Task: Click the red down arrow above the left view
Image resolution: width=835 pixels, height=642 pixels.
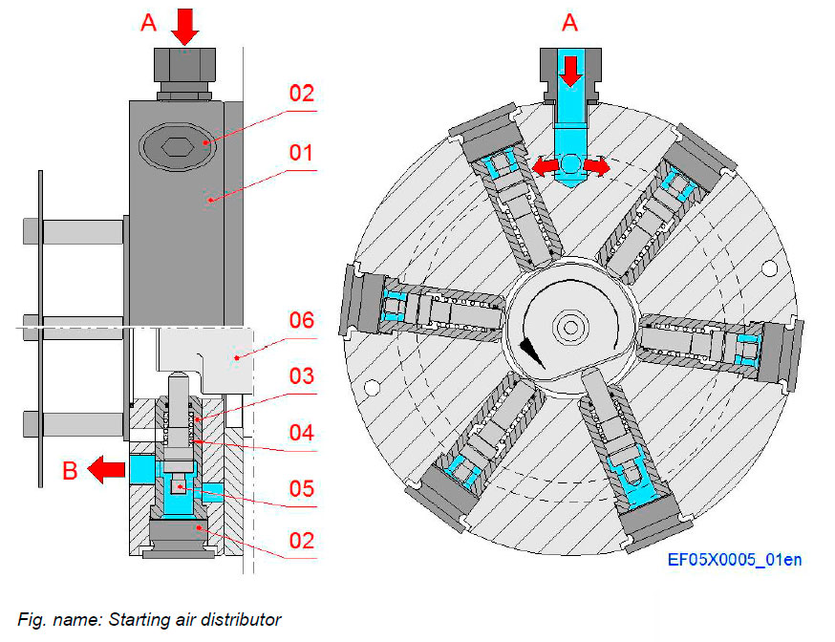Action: coord(185,26)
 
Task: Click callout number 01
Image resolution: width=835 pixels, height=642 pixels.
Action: coord(302,153)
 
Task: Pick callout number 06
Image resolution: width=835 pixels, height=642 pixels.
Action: coord(302,322)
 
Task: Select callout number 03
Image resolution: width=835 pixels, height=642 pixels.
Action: coord(302,376)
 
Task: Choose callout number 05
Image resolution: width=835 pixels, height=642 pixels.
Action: coord(302,487)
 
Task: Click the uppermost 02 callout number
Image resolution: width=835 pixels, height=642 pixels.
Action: coord(302,94)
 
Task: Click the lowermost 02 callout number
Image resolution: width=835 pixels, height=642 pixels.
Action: coord(302,541)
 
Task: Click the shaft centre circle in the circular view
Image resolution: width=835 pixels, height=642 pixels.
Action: coord(570,327)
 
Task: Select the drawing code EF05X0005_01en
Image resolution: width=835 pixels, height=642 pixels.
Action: coord(734,559)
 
